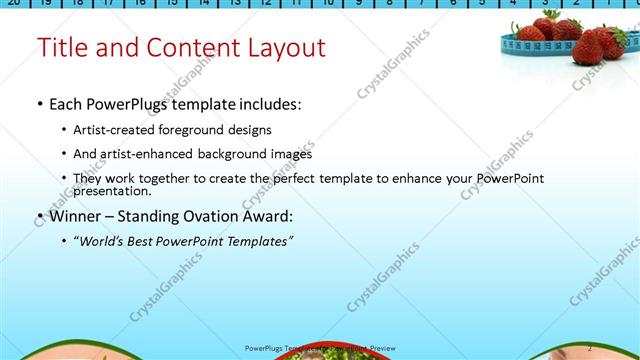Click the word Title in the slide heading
62,48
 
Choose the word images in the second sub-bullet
293,154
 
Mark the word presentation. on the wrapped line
112,190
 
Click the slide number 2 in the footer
589,347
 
